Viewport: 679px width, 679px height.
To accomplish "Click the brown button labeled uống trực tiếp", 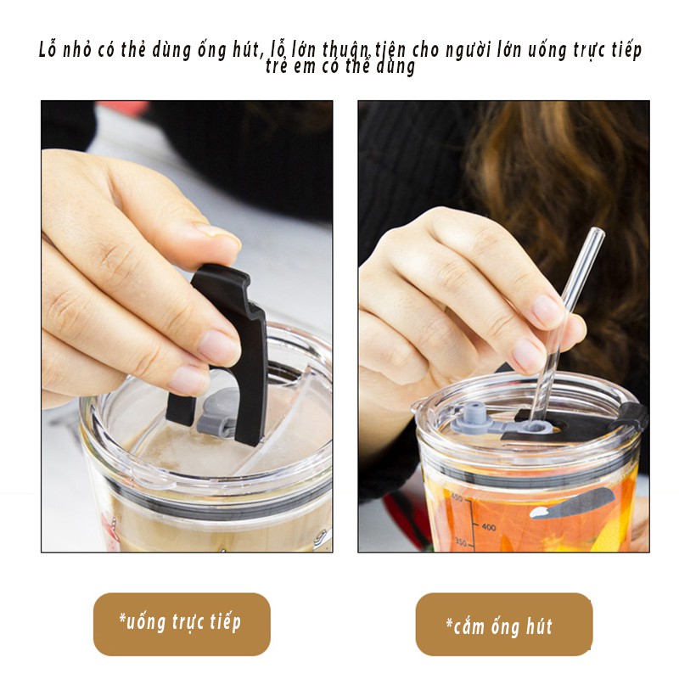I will (182, 624).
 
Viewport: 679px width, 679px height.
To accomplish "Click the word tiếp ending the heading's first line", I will (625, 49).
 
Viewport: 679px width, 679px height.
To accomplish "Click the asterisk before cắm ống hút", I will (449, 626).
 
